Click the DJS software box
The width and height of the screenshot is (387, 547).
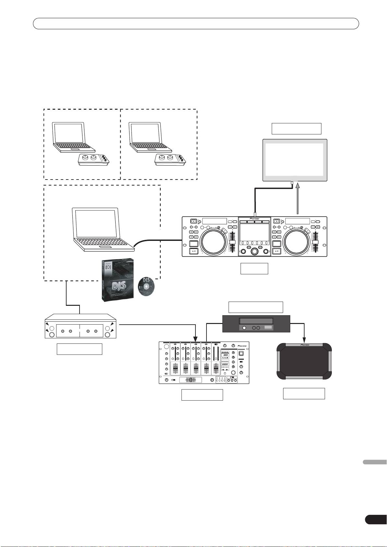[x=117, y=280]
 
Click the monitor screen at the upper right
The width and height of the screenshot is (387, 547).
[x=294, y=160]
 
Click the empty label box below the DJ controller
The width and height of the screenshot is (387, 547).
[x=254, y=268]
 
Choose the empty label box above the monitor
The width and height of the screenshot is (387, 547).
[x=296, y=129]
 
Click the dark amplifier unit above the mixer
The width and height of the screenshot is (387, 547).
[x=256, y=324]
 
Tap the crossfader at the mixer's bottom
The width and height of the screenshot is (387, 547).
[x=191, y=380]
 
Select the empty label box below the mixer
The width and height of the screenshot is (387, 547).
[x=202, y=395]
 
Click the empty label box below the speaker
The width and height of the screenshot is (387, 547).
[x=304, y=393]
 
